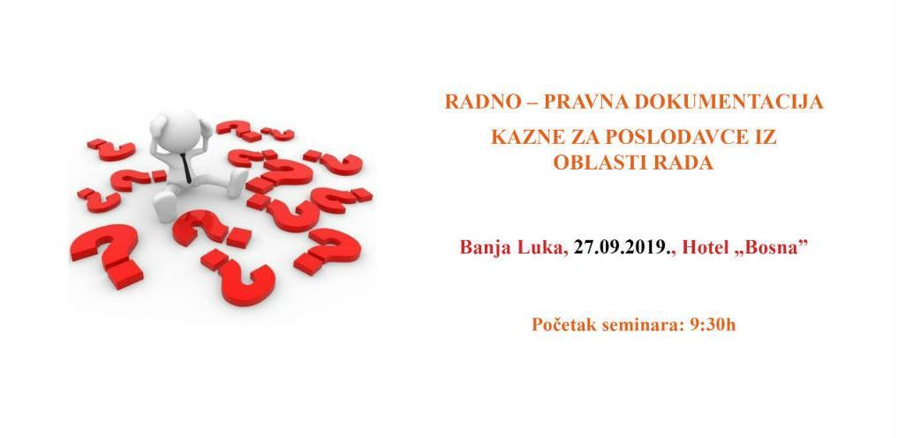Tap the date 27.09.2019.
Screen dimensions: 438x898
[x=623, y=247]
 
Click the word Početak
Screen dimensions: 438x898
[x=565, y=325]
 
